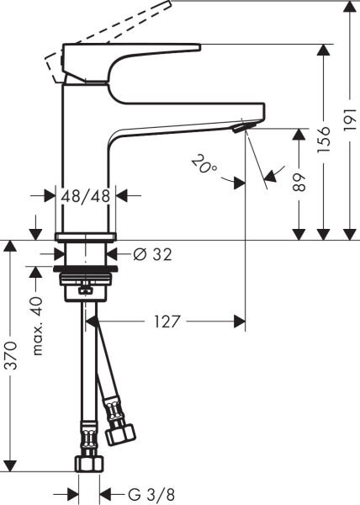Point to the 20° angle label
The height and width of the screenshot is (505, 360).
point(203,162)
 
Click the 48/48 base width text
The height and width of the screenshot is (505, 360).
point(87,195)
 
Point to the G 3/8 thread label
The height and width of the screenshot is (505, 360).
point(135,492)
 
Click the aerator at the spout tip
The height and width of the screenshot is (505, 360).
point(242,127)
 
